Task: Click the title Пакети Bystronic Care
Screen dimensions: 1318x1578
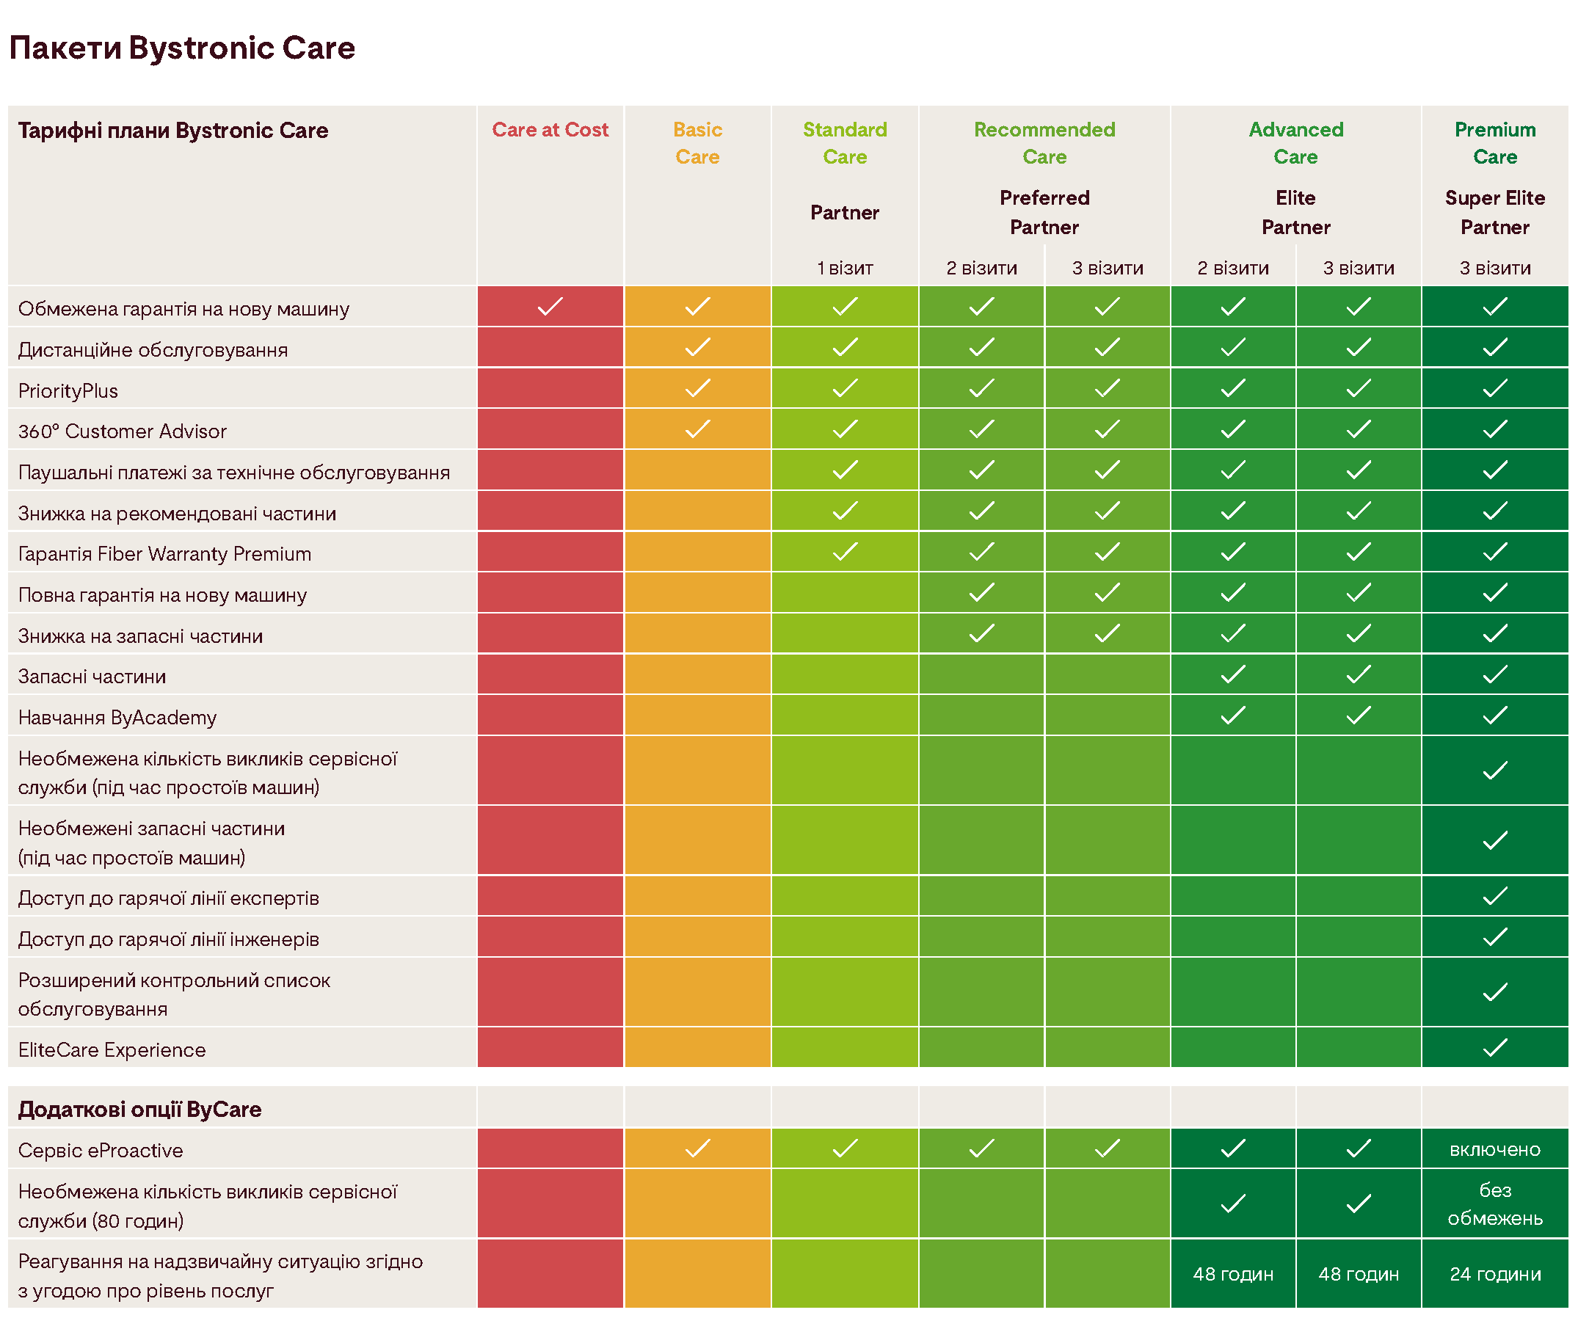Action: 182,48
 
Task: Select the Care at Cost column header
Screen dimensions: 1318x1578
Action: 550,130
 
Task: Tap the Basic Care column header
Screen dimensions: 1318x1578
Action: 697,143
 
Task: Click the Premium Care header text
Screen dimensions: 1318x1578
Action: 1494,143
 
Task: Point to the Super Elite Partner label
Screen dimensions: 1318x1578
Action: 1494,212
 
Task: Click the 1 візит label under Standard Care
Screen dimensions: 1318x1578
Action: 845,269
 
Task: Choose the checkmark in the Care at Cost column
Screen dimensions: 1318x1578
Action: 550,307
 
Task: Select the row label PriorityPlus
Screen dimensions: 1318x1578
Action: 68,390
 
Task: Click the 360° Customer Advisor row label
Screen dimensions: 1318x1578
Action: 123,432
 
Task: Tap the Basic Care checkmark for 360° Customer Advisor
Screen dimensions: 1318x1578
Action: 697,429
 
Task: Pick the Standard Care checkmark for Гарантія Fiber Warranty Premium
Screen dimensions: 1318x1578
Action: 845,553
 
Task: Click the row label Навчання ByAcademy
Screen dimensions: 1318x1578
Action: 117,718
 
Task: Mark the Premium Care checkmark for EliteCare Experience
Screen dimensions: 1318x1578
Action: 1494,1047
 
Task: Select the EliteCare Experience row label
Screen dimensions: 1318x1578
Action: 112,1049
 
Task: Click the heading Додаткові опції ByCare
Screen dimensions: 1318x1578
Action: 139,1109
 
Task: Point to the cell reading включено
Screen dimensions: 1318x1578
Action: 1494,1150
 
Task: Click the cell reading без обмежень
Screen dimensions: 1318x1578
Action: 1494,1204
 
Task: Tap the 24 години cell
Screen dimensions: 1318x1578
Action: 1494,1275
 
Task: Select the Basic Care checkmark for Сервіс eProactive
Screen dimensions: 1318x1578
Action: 697,1148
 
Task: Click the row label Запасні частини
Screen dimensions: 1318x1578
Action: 92,677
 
